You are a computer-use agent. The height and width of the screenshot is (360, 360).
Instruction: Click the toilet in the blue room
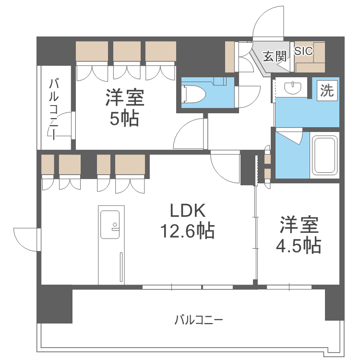[x=194, y=94]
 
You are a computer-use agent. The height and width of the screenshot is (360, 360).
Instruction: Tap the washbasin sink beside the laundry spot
[x=292, y=88]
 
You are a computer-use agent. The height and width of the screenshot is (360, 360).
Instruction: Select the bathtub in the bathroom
[x=324, y=155]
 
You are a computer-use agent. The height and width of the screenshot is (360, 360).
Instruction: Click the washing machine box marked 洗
[x=327, y=90]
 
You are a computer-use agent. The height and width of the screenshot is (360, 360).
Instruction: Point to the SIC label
[x=303, y=51]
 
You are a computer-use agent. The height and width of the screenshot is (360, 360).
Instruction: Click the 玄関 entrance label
[x=275, y=56]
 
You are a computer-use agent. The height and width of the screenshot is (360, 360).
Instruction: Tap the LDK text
[x=188, y=211]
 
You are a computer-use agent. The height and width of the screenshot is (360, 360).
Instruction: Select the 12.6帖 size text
[x=187, y=230]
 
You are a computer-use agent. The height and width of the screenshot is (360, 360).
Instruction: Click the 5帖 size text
[x=124, y=119]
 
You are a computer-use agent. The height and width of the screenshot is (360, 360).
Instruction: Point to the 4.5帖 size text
[x=298, y=245]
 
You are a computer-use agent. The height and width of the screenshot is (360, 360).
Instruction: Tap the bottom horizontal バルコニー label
[x=199, y=320]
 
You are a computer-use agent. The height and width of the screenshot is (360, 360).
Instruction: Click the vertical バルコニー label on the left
[x=54, y=109]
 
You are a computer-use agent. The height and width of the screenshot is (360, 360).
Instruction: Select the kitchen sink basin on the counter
[x=110, y=225]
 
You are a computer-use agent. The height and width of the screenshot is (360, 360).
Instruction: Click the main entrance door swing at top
[x=268, y=22]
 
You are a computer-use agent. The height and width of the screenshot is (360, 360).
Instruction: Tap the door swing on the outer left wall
[x=27, y=240]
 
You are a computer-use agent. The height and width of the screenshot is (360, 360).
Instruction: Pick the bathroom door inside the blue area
[x=289, y=136]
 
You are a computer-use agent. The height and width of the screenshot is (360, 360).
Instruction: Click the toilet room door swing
[x=248, y=96]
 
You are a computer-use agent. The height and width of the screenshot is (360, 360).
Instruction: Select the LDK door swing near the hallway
[x=225, y=167]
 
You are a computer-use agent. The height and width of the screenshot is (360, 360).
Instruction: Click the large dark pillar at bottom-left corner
[x=55, y=304]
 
